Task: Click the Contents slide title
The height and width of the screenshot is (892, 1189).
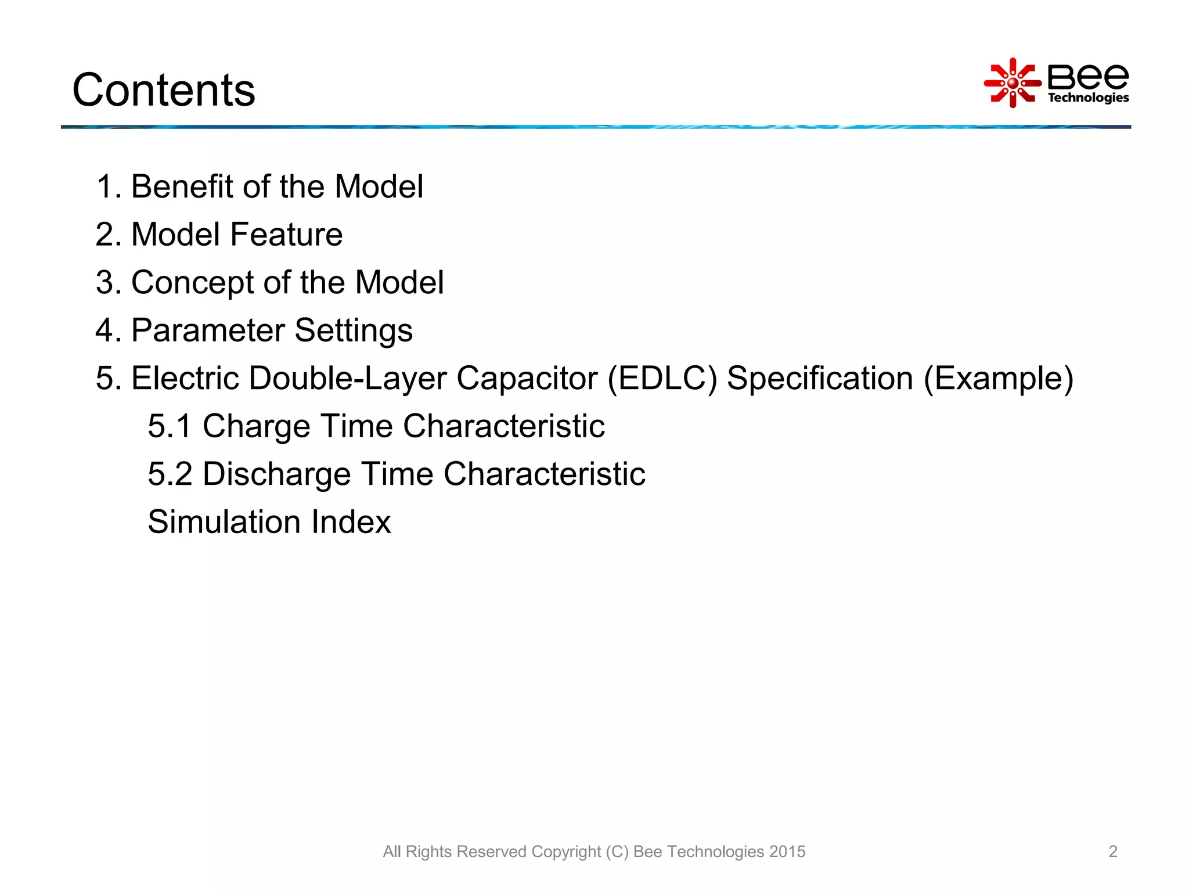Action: coord(164,90)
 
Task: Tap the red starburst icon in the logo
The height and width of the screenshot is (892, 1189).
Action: coord(1013,83)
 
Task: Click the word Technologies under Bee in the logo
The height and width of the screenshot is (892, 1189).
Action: coord(1088,98)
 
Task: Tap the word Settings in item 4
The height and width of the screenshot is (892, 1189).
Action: coord(354,330)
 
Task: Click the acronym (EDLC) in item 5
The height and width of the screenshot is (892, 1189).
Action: coord(662,379)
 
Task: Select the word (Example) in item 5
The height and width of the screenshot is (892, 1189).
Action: coord(998,379)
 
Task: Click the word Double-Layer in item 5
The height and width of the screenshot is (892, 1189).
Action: coord(347,379)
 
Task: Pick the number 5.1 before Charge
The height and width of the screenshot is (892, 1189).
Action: coord(169,426)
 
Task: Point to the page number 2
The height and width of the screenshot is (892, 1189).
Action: coord(1112,851)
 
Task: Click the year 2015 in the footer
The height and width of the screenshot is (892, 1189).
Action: coord(787,851)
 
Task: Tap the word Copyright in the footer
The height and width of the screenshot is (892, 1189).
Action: coord(565,851)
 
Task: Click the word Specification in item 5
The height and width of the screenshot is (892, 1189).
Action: coord(820,379)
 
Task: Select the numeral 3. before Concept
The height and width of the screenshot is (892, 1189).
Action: coord(109,283)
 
